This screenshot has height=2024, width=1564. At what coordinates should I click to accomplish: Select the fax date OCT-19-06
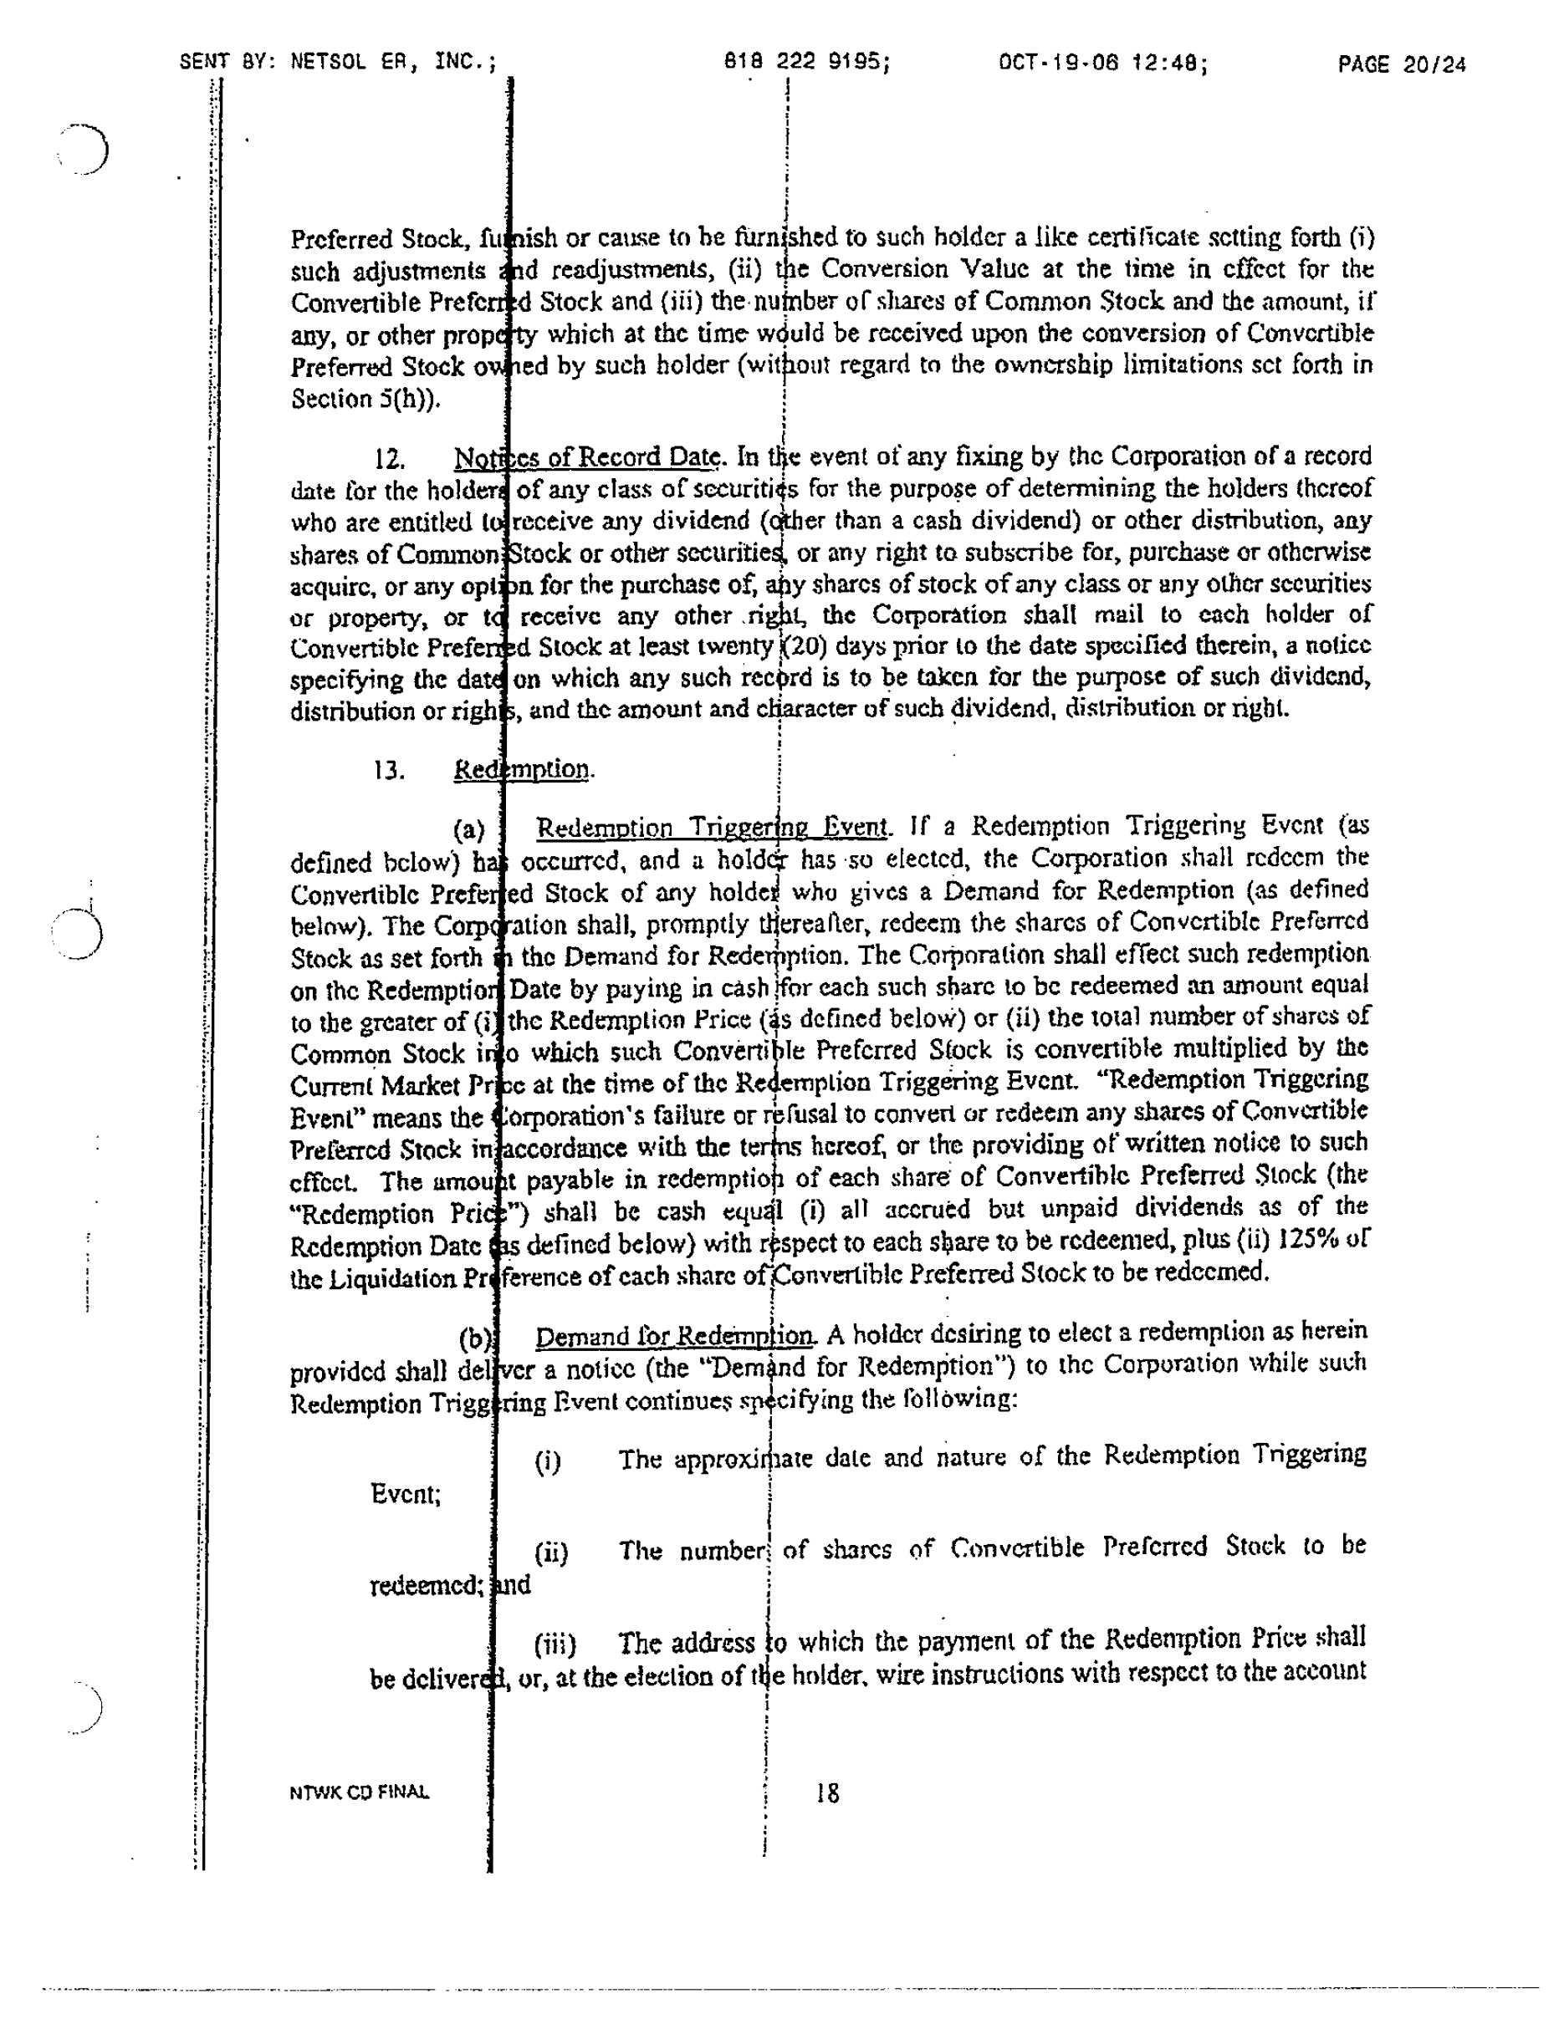(1058, 63)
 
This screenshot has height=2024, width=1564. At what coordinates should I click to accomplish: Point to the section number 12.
(390, 460)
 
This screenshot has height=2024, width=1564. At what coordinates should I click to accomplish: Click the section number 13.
(390, 771)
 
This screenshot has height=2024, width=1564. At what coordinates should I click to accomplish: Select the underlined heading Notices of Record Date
(587, 456)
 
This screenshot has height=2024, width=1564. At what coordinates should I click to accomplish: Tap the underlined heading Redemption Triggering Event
(711, 827)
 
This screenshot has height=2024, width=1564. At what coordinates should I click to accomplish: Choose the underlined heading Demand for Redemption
(675, 1336)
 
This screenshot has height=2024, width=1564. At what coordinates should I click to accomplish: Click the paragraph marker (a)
(469, 829)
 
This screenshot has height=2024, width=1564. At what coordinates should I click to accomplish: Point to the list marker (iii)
(555, 1645)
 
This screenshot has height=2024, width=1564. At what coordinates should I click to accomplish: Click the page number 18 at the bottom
(827, 1793)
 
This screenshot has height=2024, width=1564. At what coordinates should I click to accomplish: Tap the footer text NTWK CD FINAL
(360, 1792)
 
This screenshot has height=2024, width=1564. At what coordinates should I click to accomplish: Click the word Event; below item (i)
(405, 1494)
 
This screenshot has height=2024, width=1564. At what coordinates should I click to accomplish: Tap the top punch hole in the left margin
(85, 148)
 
